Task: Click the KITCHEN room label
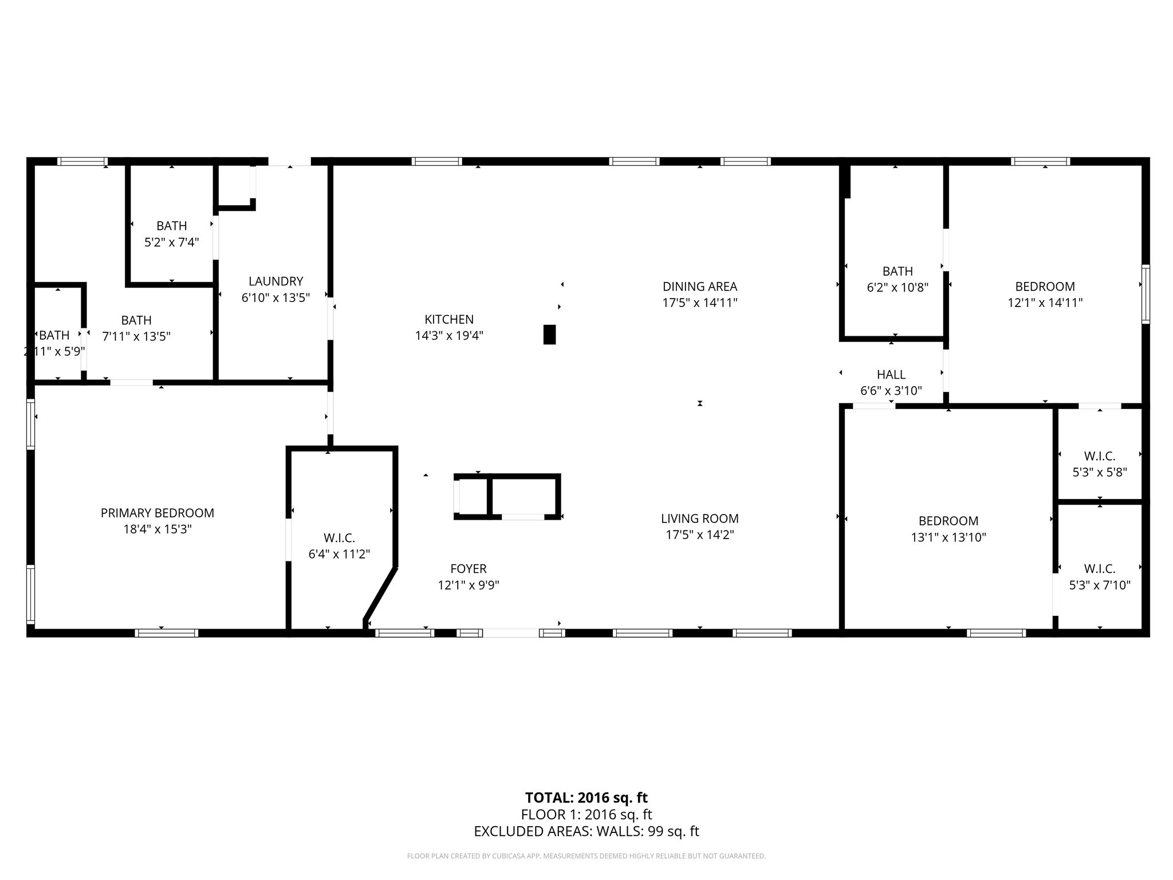click(449, 320)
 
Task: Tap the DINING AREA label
click(699, 286)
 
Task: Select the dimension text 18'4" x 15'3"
click(158, 529)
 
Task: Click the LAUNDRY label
click(275, 281)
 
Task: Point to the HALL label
click(891, 375)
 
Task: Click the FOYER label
click(468, 569)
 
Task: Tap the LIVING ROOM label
click(699, 518)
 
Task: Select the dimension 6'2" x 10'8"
click(897, 288)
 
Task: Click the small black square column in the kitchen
click(549, 335)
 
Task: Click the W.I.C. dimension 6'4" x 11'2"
click(339, 555)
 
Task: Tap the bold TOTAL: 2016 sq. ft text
click(586, 797)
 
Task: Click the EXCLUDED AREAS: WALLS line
click(586, 831)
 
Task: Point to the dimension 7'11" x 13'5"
click(136, 337)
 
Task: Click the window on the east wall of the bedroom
click(1146, 294)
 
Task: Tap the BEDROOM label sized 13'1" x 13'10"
click(948, 521)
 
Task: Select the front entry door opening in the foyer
click(511, 633)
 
